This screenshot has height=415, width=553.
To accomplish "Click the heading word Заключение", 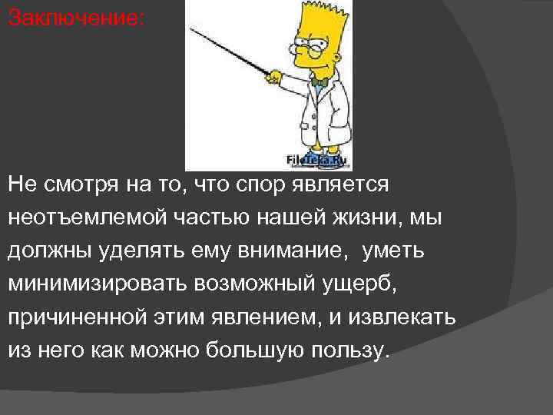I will coord(75,18).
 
